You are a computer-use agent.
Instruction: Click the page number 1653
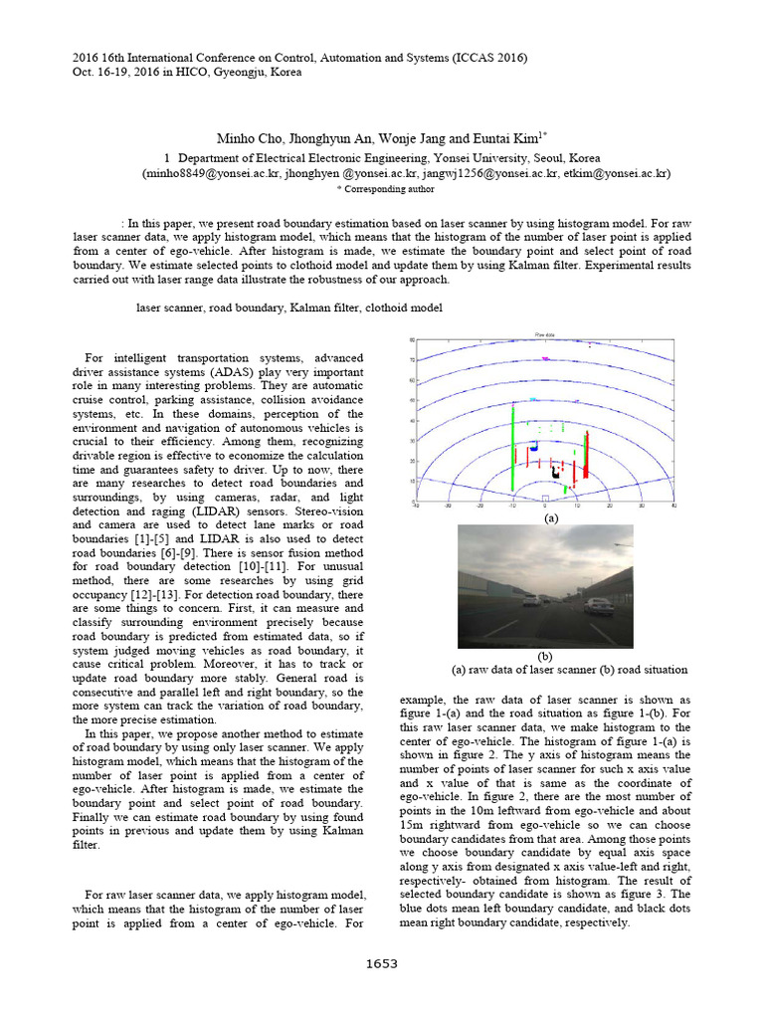pos(382,963)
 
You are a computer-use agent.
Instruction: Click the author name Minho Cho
pos(247,138)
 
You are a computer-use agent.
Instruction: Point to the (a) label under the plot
pos(551,518)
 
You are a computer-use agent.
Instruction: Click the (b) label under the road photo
pos(544,656)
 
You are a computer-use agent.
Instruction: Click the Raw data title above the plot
pos(545,335)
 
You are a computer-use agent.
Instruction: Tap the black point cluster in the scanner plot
pos(557,470)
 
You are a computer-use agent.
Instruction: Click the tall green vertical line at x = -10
pos(512,443)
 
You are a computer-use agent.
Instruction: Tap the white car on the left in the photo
pos(532,601)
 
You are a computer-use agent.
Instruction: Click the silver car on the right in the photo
pos(598,606)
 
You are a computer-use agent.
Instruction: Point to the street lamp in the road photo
pos(622,545)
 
